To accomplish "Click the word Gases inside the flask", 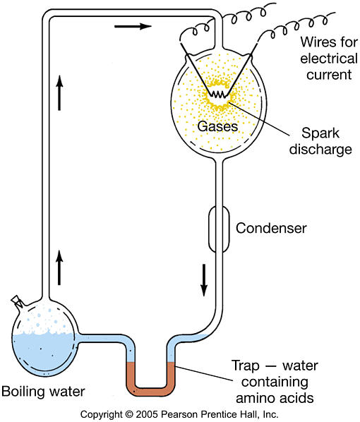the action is [217, 126].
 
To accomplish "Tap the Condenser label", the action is [271, 228].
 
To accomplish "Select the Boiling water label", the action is [43, 392].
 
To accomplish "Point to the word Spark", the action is [320, 133].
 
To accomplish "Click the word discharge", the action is [320, 150].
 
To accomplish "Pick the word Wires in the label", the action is [315, 42].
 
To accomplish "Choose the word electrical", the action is [329, 59].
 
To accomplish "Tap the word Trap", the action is [246, 366].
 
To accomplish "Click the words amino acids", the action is [275, 398].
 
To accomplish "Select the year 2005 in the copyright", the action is [148, 414].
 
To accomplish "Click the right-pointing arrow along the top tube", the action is [133, 26].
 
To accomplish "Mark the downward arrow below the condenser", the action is [204, 280].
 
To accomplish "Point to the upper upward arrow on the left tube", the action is [59, 92].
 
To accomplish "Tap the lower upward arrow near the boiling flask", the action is [59, 267].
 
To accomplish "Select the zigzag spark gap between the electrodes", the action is [217, 94].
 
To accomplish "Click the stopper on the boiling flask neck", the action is [17, 301].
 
